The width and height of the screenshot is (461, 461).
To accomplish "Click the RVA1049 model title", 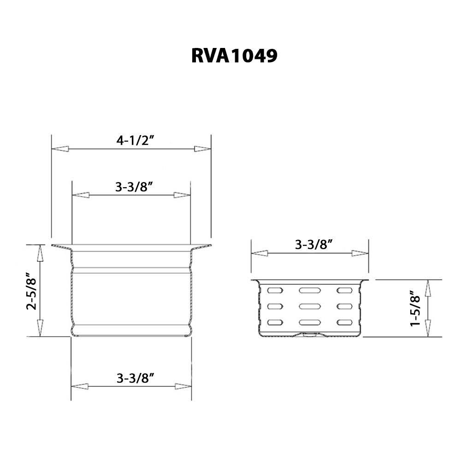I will (x=234, y=56).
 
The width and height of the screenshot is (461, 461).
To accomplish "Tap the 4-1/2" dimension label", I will (x=135, y=141).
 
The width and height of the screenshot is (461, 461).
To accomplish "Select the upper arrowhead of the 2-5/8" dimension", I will (x=40, y=252).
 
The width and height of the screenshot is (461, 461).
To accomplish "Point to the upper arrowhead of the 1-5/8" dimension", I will (x=428, y=288).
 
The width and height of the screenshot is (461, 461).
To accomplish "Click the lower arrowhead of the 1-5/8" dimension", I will (x=428, y=329).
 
